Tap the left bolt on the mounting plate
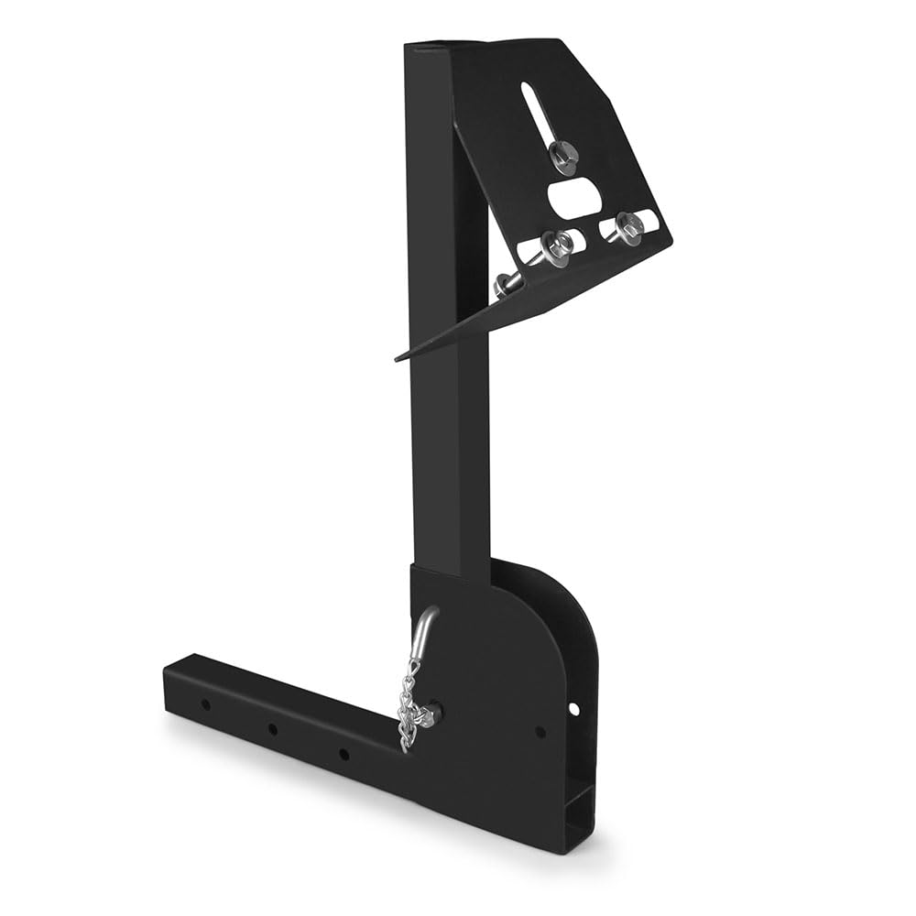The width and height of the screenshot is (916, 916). point(555,245)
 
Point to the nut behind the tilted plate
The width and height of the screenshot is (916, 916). point(505,284)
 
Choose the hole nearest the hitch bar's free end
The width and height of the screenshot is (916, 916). point(205,705)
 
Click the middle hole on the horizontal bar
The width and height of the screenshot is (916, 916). point(273,730)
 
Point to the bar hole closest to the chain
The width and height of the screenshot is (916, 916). point(343,753)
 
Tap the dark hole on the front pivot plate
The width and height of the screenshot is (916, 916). point(540,731)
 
